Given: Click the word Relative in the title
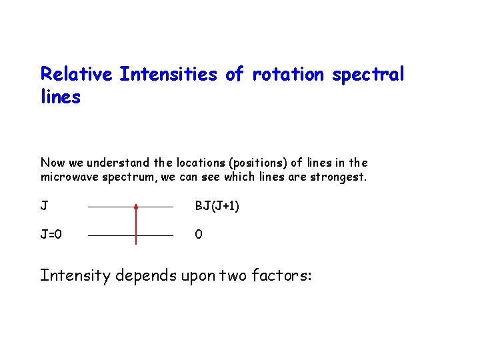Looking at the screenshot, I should point(77,74).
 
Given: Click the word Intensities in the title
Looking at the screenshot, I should point(169,74).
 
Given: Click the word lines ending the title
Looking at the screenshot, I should point(61,97).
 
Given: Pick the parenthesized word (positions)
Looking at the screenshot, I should point(257,163).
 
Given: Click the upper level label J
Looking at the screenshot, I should point(44,206).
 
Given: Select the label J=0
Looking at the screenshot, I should point(51,235).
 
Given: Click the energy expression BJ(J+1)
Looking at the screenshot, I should point(217,207).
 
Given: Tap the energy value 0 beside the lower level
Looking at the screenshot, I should point(198,235).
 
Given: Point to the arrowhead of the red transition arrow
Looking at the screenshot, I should point(136,208).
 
